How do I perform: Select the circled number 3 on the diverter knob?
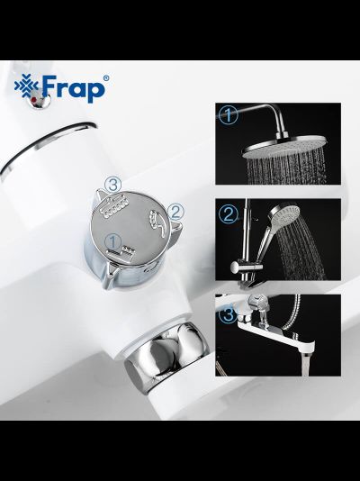(112, 185)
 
